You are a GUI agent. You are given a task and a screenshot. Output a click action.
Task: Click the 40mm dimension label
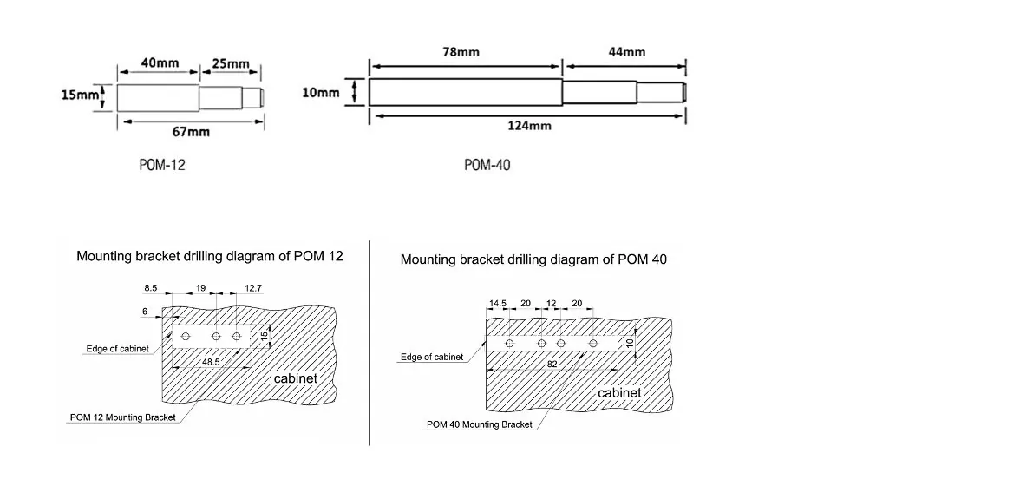tap(160, 62)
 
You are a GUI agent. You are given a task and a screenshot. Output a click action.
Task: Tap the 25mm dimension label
tap(231, 63)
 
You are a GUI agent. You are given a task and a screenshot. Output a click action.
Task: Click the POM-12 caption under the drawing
tap(162, 165)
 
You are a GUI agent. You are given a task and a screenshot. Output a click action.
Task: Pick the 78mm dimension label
tap(461, 52)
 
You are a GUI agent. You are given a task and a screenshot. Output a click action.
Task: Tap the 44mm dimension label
tap(626, 52)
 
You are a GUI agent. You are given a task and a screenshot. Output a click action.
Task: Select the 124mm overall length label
tap(530, 125)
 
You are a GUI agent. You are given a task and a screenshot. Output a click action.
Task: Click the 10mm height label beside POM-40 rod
tap(321, 93)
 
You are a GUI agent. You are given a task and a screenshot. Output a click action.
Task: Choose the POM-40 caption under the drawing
tap(487, 165)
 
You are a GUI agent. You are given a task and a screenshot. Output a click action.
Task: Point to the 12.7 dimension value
tap(253, 287)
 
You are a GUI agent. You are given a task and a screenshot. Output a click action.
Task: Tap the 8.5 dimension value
tap(151, 287)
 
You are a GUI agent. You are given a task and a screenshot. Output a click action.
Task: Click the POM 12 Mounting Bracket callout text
tap(123, 417)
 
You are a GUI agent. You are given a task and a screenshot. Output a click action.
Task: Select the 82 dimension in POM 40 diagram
tap(552, 364)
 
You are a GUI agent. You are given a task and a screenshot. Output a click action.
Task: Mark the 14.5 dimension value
tap(497, 304)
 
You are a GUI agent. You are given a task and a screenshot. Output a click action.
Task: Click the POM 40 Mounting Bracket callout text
tap(480, 424)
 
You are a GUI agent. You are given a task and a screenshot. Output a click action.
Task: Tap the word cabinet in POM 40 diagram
tap(619, 393)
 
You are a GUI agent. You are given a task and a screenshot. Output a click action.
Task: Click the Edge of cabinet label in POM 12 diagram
tap(117, 349)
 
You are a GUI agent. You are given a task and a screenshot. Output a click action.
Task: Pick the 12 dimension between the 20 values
tap(552, 304)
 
